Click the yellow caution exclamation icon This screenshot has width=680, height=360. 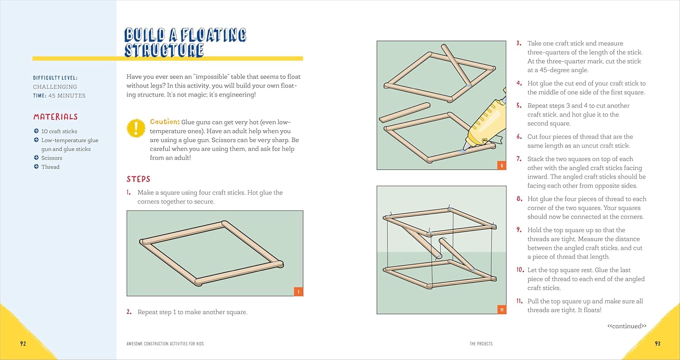[x=136, y=128]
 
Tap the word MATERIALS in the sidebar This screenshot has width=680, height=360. [x=56, y=117]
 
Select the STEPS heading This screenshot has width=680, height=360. [x=138, y=179]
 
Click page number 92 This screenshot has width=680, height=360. [x=23, y=344]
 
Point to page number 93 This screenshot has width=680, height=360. [x=657, y=344]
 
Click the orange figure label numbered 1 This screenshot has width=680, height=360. [x=298, y=292]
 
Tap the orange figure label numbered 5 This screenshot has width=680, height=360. [x=501, y=165]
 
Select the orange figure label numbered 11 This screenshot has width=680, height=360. [x=501, y=310]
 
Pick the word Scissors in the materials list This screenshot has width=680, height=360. [x=52, y=158]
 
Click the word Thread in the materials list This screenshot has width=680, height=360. [x=50, y=167]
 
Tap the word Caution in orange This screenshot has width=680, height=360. [x=165, y=122]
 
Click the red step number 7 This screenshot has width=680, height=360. [x=519, y=159]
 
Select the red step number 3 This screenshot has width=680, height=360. [x=519, y=44]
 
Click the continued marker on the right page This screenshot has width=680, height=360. [x=627, y=326]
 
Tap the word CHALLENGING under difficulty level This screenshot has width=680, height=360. [x=55, y=87]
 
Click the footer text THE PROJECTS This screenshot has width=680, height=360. [x=481, y=344]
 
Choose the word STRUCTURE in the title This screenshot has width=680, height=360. [x=164, y=50]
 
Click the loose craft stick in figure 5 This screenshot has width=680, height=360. [x=405, y=112]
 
